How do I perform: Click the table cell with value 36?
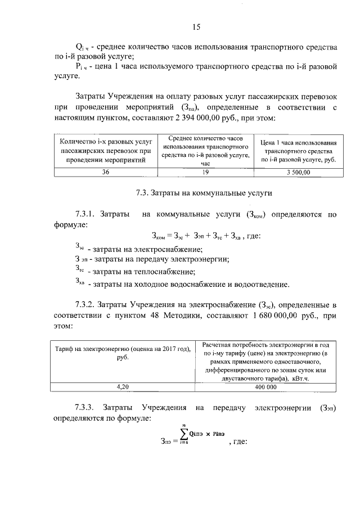(106, 173)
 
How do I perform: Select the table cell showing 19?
(205, 173)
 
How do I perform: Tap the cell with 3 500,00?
(298, 173)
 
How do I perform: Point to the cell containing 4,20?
(123, 387)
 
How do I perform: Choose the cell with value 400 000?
(266, 387)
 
